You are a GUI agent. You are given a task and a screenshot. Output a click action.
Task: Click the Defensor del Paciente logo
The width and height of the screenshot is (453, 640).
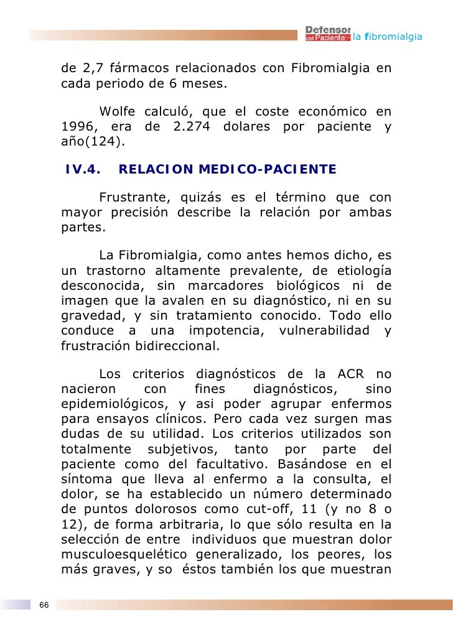point(328,35)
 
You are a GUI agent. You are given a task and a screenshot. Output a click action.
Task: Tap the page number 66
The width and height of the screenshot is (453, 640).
point(44,605)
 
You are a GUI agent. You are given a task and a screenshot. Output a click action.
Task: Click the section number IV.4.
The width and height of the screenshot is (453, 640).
point(83,169)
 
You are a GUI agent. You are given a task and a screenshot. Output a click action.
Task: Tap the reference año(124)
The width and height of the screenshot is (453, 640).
point(93,142)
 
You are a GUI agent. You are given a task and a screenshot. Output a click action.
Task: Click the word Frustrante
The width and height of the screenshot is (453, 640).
point(131,198)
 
